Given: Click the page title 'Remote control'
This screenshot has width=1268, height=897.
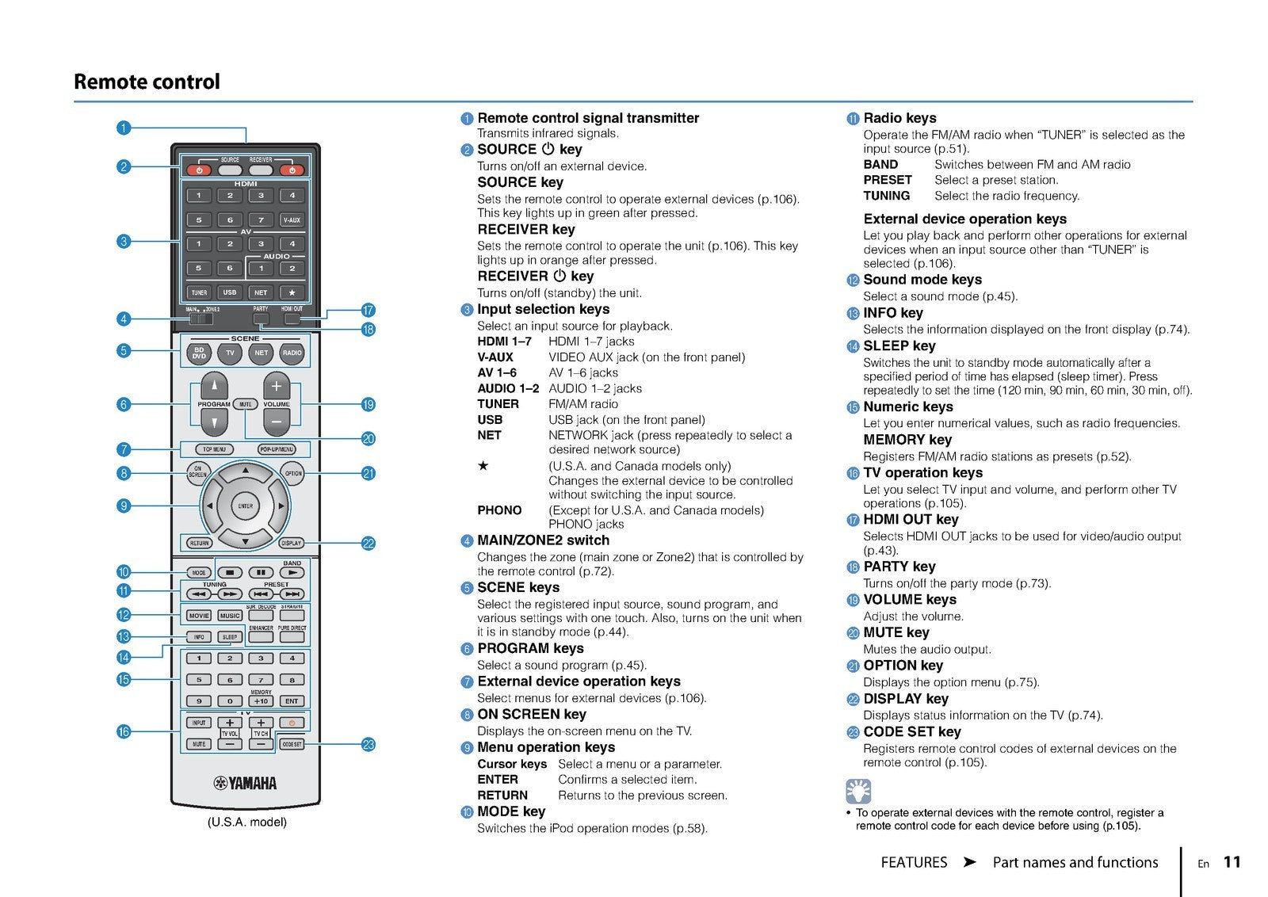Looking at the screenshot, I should click(x=147, y=82).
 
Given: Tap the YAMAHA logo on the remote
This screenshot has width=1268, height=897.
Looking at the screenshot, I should click(x=246, y=784).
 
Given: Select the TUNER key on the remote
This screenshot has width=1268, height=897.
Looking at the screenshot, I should click(x=199, y=292).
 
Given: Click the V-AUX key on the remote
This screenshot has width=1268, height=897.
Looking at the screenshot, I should click(x=292, y=220).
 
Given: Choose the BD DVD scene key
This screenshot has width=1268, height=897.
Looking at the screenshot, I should click(x=199, y=353).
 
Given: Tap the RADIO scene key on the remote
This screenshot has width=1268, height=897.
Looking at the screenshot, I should click(x=292, y=353).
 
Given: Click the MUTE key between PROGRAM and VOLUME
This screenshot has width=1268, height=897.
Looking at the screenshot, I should click(x=246, y=404).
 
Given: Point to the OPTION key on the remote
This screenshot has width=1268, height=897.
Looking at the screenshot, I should click(x=293, y=473).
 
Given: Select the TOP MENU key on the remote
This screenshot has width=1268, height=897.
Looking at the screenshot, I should click(x=214, y=449).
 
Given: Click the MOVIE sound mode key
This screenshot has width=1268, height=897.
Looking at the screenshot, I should click(x=199, y=615).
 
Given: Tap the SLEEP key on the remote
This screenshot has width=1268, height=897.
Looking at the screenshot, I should click(x=230, y=636).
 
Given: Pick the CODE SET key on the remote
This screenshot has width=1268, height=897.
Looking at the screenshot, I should click(x=292, y=744).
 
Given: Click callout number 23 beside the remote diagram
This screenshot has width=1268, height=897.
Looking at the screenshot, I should click(x=369, y=744).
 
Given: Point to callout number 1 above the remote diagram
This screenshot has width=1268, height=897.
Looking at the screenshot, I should click(x=124, y=127).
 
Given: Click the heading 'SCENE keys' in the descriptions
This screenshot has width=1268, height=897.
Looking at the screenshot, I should click(x=518, y=587).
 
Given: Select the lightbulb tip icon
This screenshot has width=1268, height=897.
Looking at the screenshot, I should click(x=858, y=791).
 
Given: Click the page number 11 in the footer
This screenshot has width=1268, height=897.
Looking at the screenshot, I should click(x=1232, y=862).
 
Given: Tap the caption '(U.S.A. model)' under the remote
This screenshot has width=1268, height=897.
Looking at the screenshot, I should click(x=246, y=822).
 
